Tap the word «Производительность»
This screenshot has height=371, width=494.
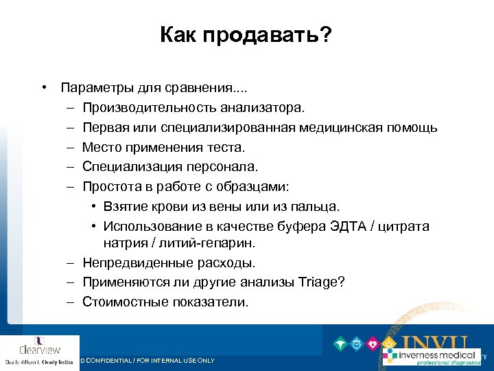(150, 108)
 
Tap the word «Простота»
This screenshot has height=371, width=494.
(110, 185)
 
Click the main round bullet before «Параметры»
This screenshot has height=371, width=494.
(44, 89)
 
